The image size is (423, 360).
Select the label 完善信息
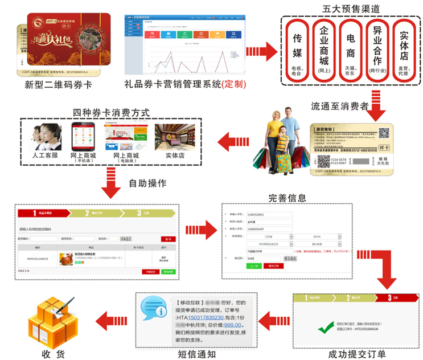coord(288,198)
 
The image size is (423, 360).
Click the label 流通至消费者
coord(340,105)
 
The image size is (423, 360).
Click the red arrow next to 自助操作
coord(109,183)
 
